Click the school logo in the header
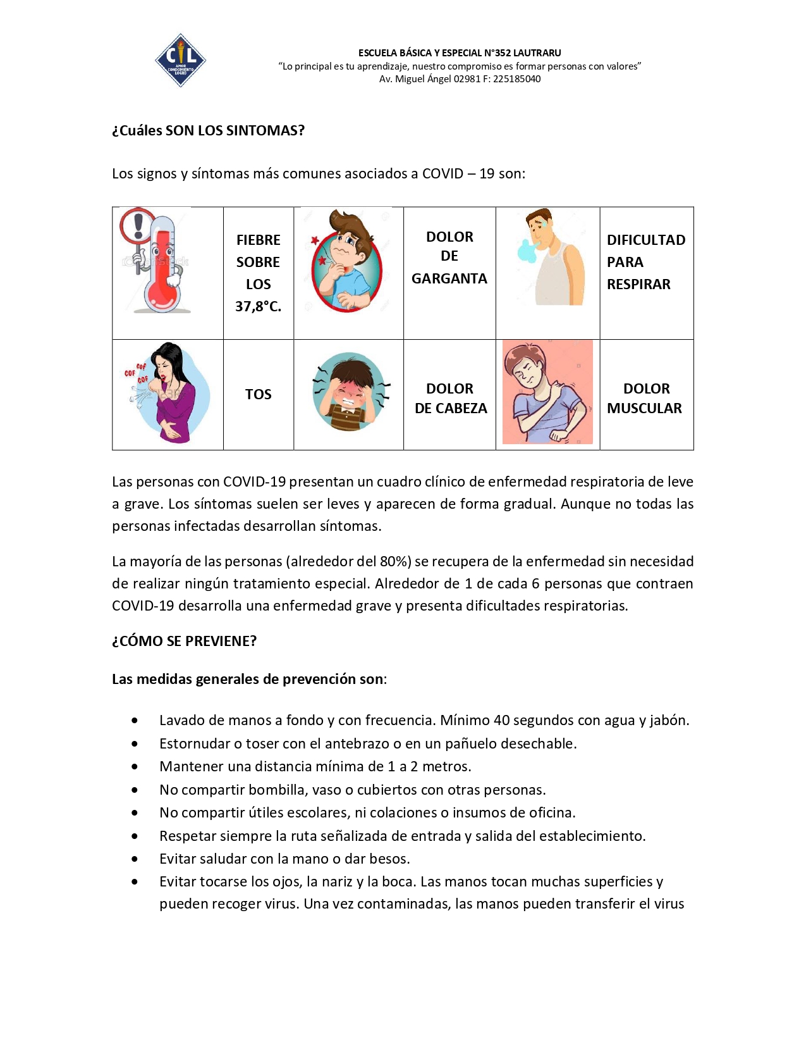click(180, 60)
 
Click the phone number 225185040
click(516, 79)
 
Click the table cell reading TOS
click(258, 394)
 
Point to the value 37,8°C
click(258, 306)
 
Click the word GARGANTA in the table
click(449, 278)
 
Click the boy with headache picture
click(348, 392)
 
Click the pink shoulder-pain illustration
click(547, 392)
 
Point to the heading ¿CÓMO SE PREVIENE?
click(184, 641)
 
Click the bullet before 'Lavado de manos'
click(135, 721)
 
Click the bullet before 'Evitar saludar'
click(135, 859)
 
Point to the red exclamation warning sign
click(138, 225)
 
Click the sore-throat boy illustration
click(346, 261)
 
